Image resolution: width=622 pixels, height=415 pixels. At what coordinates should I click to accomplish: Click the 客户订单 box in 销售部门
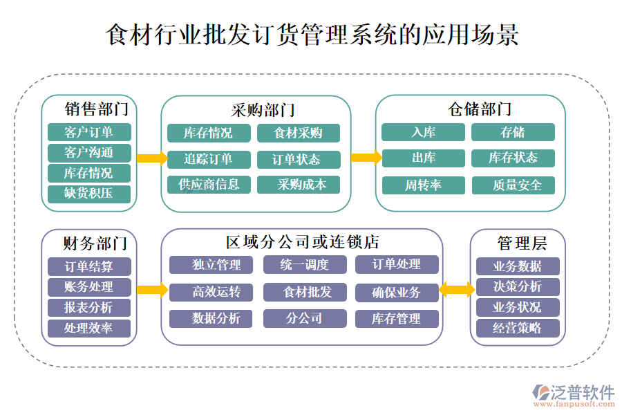tap(88, 132)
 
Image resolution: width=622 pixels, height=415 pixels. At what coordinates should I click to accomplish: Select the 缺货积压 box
tap(88, 194)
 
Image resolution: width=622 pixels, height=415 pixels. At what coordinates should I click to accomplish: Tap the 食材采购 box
tap(299, 133)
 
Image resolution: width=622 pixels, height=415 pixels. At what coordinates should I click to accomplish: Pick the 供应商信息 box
tap(209, 185)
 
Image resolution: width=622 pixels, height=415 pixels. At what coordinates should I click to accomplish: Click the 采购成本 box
tap(299, 185)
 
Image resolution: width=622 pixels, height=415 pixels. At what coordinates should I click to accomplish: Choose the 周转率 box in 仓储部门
tap(424, 185)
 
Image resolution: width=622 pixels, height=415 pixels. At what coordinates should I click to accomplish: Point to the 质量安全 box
tap(513, 185)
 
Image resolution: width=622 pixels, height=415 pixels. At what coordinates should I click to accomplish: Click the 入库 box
tap(424, 132)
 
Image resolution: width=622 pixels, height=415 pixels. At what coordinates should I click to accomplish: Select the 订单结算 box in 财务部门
tap(88, 266)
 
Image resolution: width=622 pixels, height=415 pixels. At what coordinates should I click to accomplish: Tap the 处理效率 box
tap(88, 329)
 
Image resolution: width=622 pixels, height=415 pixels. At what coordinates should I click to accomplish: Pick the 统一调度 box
tap(305, 264)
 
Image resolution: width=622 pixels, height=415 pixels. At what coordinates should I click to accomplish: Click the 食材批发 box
tap(305, 292)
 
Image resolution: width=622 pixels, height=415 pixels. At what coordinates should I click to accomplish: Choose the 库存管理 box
tap(397, 319)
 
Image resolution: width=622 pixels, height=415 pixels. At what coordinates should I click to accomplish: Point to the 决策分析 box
tap(517, 287)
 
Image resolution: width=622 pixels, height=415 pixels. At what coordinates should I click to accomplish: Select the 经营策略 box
tap(517, 329)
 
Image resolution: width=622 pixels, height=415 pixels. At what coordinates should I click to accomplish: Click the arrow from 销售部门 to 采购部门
tap(151, 158)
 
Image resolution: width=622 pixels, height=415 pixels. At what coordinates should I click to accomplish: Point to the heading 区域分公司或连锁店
tap(302, 242)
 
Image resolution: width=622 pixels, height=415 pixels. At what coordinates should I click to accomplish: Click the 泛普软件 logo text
tap(582, 392)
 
